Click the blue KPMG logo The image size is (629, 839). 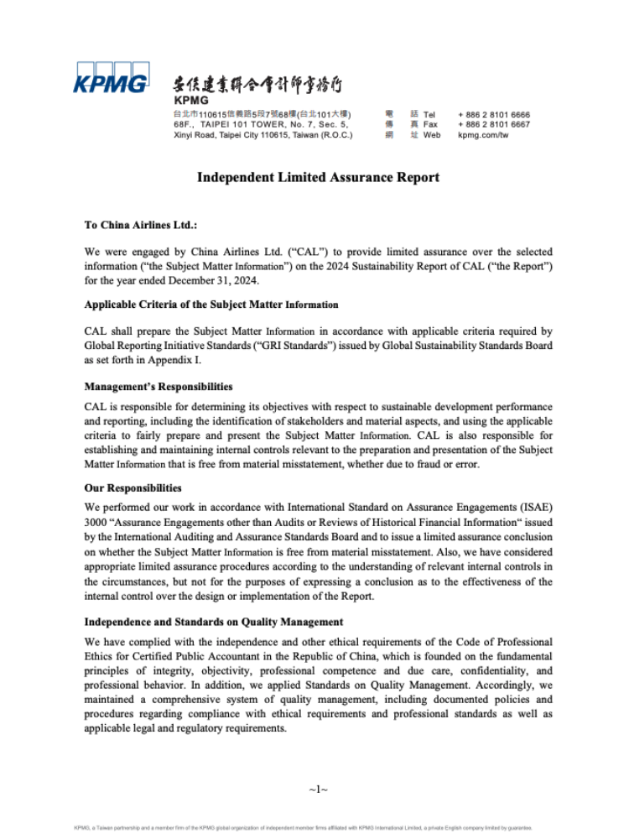(x=112, y=78)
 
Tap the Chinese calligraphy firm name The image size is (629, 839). (x=257, y=85)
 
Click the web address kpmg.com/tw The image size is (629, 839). (x=483, y=134)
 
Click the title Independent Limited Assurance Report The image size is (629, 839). (x=318, y=178)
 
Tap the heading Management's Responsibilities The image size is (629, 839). (x=159, y=387)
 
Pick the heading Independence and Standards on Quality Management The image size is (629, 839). (x=214, y=622)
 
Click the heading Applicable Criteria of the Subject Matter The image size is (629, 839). (x=211, y=305)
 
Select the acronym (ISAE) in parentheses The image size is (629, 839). (x=535, y=507)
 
